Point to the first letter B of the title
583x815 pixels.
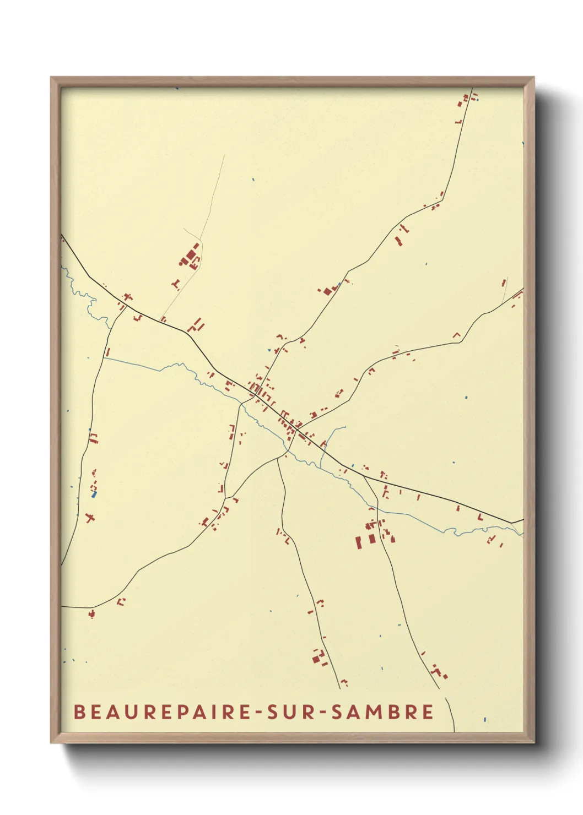pyautogui.click(x=79, y=711)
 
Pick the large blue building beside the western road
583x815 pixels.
pyautogui.click(x=94, y=495)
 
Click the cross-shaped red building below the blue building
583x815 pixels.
pyautogui.click(x=90, y=518)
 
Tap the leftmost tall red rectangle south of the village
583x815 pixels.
pyautogui.click(x=358, y=542)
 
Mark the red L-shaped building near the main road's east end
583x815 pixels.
pyautogui.click(x=479, y=518)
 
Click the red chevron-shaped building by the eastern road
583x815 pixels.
pyautogui.click(x=456, y=334)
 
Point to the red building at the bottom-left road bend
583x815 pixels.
pyautogui.click(x=91, y=613)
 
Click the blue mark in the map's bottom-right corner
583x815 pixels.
pyautogui.click(x=484, y=719)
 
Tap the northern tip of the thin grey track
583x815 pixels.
pyautogui.click(x=224, y=155)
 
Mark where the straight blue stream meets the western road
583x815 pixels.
pyautogui.click(x=104, y=358)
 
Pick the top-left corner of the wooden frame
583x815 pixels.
pyautogui.click(x=51, y=78)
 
